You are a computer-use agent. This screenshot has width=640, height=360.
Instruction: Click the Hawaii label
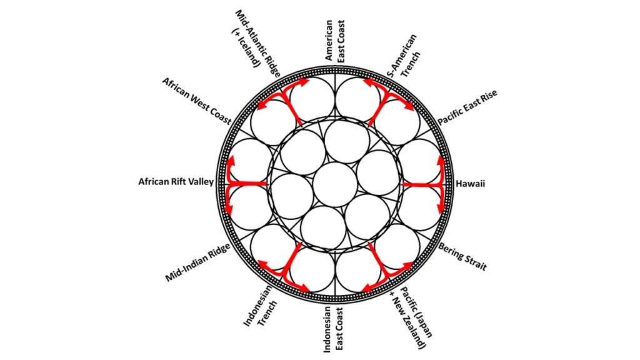[471, 184]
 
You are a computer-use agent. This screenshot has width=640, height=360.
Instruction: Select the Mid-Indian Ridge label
[198, 263]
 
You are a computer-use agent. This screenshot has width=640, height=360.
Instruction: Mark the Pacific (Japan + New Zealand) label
[406, 319]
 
